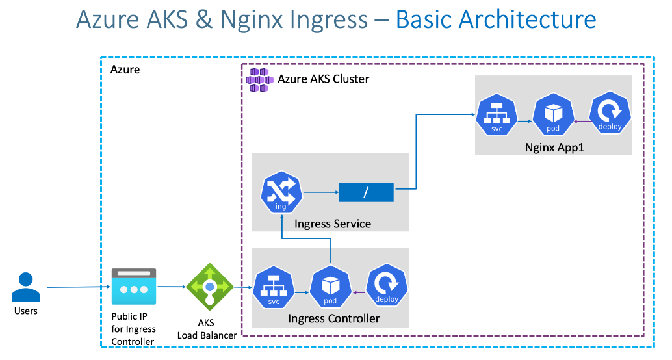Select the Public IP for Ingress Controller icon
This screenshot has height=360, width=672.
click(134, 287)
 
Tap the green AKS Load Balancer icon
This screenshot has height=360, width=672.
click(209, 286)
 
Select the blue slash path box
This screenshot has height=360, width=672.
click(366, 192)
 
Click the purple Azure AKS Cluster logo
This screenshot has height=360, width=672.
click(260, 79)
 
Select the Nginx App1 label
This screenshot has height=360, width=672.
click(554, 148)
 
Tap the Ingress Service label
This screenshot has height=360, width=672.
click(333, 224)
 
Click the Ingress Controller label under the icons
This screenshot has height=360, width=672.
click(334, 318)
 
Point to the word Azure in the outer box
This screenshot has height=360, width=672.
click(125, 70)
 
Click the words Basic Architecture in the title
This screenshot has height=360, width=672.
click(495, 19)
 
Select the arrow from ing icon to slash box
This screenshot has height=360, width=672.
click(321, 192)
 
